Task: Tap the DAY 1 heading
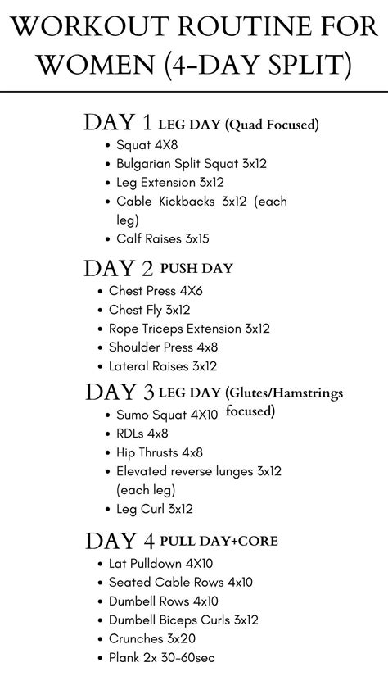(x=118, y=124)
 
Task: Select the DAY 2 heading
(x=119, y=268)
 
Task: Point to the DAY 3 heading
(x=119, y=393)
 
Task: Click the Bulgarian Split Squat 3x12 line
(x=192, y=163)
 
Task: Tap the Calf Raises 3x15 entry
(x=162, y=238)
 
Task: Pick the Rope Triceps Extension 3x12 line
(x=189, y=329)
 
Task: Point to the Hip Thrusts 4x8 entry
(x=160, y=452)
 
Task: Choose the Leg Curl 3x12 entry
(x=155, y=509)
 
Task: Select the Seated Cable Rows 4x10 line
(x=181, y=583)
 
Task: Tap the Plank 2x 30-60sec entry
(x=161, y=657)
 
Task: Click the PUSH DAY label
(x=196, y=268)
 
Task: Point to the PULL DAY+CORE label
(x=219, y=541)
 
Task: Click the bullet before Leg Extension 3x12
(x=108, y=183)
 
